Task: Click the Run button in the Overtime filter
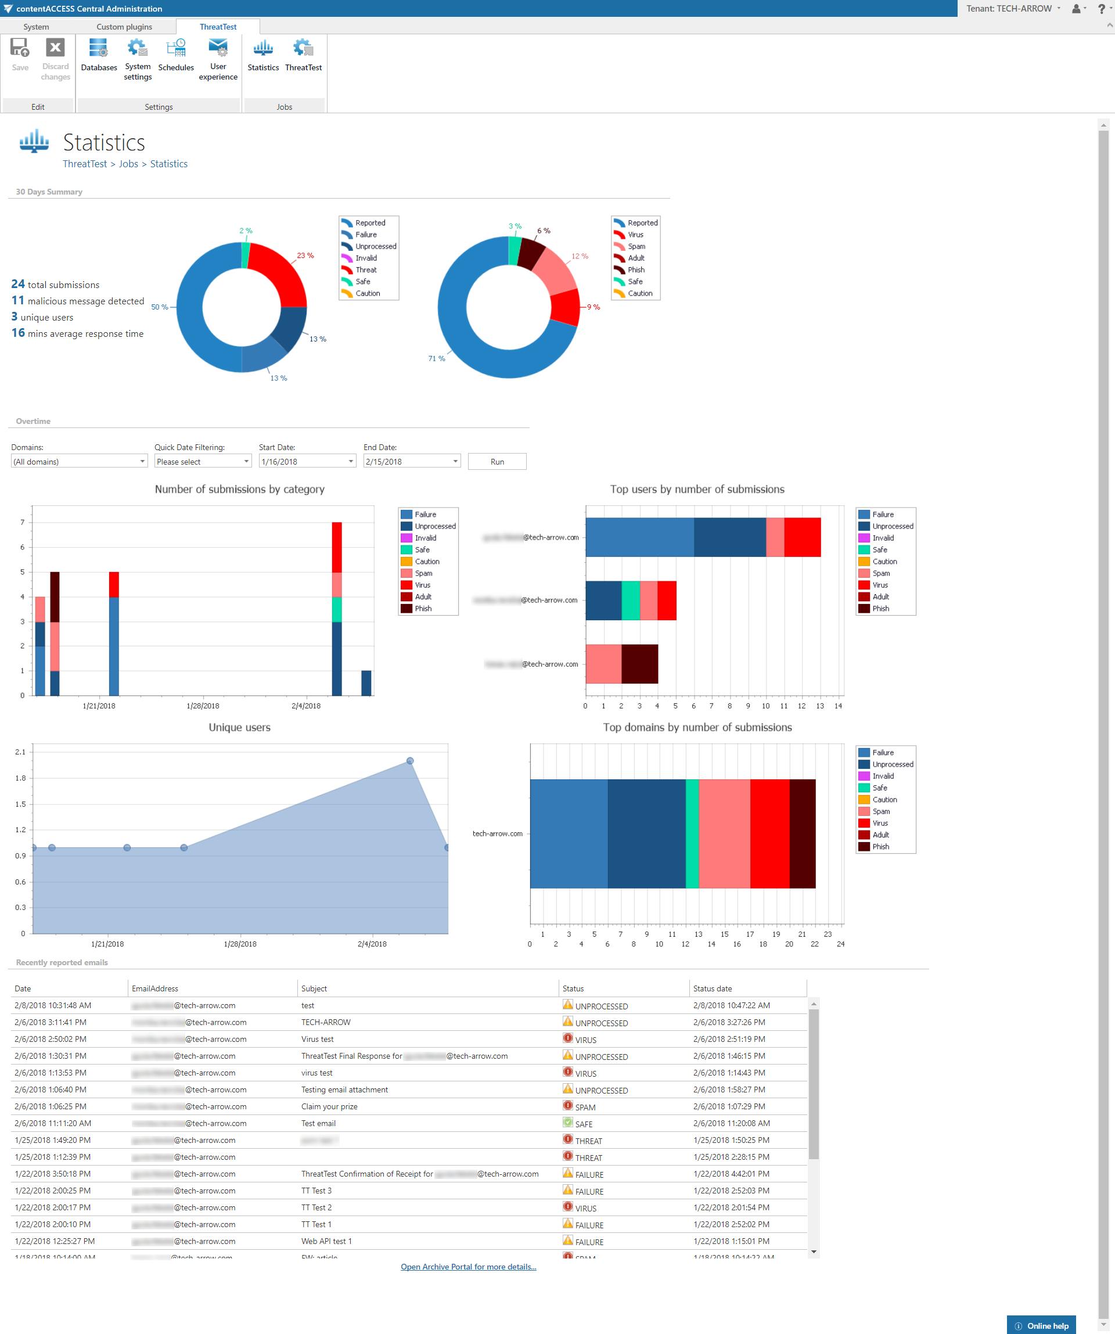497,462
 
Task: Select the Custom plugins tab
124,27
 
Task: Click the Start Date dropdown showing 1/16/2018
307,462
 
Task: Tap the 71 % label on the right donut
437,359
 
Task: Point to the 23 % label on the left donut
305,256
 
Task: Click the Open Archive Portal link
468,1267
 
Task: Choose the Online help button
1041,1326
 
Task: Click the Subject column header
314,988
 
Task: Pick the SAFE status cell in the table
583,1124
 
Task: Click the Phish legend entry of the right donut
636,270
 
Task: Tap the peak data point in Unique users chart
411,761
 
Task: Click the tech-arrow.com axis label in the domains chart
498,833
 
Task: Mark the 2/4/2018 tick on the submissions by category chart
306,706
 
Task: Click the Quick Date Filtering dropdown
203,462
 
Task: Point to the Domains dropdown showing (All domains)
79,462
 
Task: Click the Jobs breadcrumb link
128,164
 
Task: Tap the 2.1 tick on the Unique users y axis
20,752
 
